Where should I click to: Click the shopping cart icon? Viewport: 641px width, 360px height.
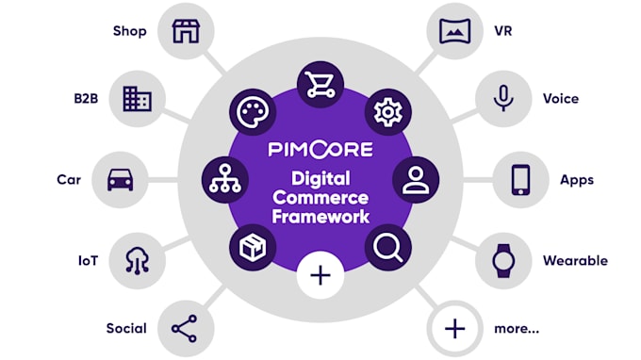click(320, 85)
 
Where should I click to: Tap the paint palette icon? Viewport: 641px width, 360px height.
click(253, 112)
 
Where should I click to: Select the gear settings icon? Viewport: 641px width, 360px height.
click(388, 112)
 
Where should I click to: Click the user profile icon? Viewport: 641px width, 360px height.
click(416, 180)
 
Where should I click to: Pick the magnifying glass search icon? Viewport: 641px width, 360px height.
click(388, 248)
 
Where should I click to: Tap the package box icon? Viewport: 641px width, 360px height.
click(253, 247)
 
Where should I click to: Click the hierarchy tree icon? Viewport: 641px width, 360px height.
click(225, 178)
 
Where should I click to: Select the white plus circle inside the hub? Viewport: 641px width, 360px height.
click(320, 275)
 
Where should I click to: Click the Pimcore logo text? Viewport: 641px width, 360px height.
click(320, 149)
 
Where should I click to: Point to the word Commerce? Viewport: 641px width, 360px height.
click(320, 198)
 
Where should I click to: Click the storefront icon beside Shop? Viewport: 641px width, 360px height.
click(186, 31)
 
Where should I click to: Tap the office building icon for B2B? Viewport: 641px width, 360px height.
click(138, 99)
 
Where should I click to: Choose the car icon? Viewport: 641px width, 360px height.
click(121, 180)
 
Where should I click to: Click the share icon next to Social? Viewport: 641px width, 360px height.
click(185, 329)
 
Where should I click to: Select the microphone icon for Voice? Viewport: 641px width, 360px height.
click(503, 98)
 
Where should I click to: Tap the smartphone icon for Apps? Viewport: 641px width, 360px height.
click(520, 180)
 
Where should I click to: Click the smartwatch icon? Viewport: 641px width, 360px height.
click(503, 261)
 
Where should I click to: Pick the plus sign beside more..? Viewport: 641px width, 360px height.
click(455, 329)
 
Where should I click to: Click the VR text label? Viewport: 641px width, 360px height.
click(503, 31)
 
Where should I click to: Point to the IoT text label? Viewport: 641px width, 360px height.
click(89, 261)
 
